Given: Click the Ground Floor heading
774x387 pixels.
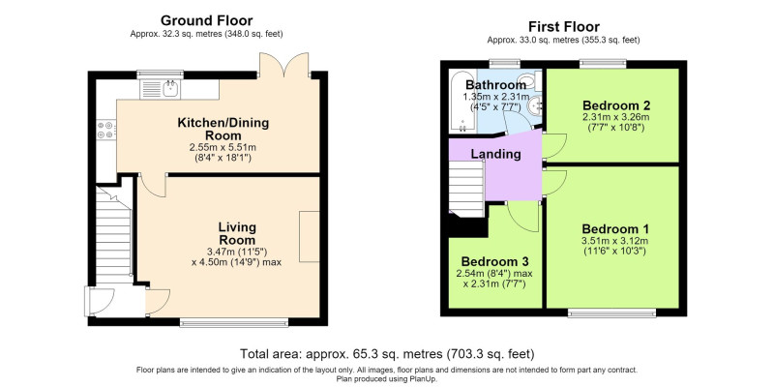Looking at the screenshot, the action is pos(207,20).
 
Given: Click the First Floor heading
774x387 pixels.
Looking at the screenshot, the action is pos(563,27).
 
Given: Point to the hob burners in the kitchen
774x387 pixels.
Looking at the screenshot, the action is pos(106,131).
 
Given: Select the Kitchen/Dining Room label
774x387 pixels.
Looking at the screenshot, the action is pos(223,129).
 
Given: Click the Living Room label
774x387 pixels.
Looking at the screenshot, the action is pos(237,234).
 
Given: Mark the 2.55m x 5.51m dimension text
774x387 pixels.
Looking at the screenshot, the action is pos(223,147).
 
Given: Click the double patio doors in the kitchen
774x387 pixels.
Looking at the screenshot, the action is pos(283,64).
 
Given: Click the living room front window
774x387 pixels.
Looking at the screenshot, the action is pos(234,323).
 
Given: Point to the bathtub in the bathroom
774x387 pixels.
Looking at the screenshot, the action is pos(462,102).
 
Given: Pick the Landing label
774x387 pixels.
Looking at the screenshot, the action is pos(495,154).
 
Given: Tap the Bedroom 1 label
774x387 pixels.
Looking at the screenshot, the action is pos(615,229).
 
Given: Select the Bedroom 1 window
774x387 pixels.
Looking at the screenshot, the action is pos(612,313).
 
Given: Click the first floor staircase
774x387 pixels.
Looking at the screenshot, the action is pos(466,187).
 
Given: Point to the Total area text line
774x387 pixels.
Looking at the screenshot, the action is pos(388,354).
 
